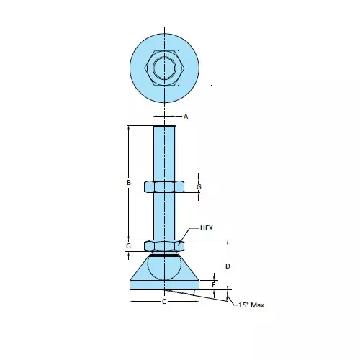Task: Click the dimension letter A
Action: [x=185, y=116]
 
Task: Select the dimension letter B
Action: [x=128, y=183]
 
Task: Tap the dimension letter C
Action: [x=164, y=301]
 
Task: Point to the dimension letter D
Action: [x=228, y=266]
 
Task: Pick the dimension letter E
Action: [x=214, y=285]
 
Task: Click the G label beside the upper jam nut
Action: [x=199, y=187]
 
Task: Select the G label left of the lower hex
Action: [x=128, y=246]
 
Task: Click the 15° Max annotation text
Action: [x=251, y=306]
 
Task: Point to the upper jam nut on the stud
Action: [x=164, y=187]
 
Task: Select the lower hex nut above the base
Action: [x=164, y=246]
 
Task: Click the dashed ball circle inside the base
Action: [x=164, y=267]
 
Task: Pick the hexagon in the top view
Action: [x=164, y=68]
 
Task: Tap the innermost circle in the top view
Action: [x=164, y=68]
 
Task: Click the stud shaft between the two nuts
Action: [x=164, y=216]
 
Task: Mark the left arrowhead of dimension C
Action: [x=132, y=301]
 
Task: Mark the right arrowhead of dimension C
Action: [x=197, y=301]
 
